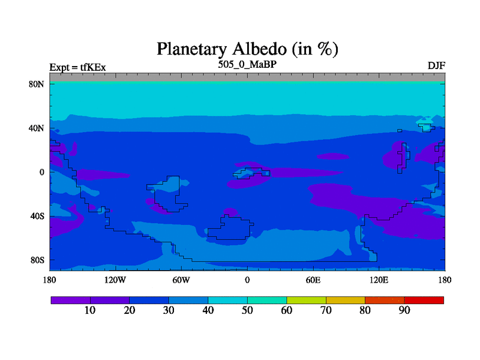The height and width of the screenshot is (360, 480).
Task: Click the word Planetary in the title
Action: coord(192,49)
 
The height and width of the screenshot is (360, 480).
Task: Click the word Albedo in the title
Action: coord(260,49)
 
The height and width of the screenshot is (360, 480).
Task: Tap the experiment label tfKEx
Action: coord(93,67)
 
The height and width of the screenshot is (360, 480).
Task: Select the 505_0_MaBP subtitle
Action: coord(247,65)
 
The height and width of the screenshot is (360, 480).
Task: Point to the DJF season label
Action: coord(436,66)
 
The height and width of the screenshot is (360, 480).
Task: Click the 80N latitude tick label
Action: coord(37,84)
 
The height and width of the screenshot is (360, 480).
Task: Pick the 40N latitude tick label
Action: coord(37,128)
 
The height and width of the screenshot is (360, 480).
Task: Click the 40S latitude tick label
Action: coord(37,216)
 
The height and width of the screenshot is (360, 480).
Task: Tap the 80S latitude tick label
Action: coord(37,260)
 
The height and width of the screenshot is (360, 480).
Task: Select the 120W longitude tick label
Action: coord(115,280)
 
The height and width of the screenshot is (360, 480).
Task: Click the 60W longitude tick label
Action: coord(181,280)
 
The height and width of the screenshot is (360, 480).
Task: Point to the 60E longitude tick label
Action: coord(313,280)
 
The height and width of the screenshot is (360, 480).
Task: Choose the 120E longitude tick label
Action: coord(379,280)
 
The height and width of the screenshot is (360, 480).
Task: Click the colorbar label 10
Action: coord(90,310)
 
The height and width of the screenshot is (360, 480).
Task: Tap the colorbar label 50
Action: coord(247,310)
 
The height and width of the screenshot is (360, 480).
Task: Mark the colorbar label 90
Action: coord(404,310)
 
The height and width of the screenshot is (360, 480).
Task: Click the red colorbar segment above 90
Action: coord(424,301)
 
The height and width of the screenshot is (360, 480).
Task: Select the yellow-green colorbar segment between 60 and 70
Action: coord(307,301)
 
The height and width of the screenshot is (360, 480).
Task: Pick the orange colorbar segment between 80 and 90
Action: coord(385,301)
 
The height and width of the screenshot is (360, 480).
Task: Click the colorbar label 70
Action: coord(326,310)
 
